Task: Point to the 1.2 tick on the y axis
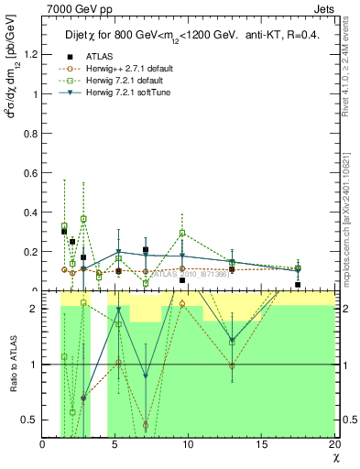coord(29,54)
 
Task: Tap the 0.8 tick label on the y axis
coord(29,133)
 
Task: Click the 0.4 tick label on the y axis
coord(29,213)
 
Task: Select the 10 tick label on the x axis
coord(188,444)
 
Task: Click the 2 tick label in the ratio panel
coord(34,309)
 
